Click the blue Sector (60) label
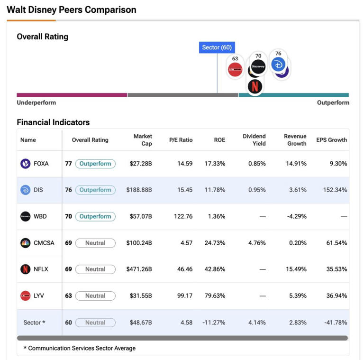click(217, 47)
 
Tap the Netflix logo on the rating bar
click(255, 87)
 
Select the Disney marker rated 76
click(278, 64)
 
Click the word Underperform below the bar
click(36, 102)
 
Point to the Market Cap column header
click(143, 140)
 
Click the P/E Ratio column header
click(181, 140)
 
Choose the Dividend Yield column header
click(254, 140)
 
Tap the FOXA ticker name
click(41, 164)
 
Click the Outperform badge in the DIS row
click(95, 190)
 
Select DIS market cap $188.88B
click(139, 190)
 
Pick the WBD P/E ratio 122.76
click(183, 216)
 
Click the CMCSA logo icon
click(26, 243)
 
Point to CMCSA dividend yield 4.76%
click(256, 243)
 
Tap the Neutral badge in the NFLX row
click(95, 269)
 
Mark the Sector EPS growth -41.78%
click(336, 323)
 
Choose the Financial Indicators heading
click(53, 122)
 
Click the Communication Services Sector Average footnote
click(80, 348)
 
